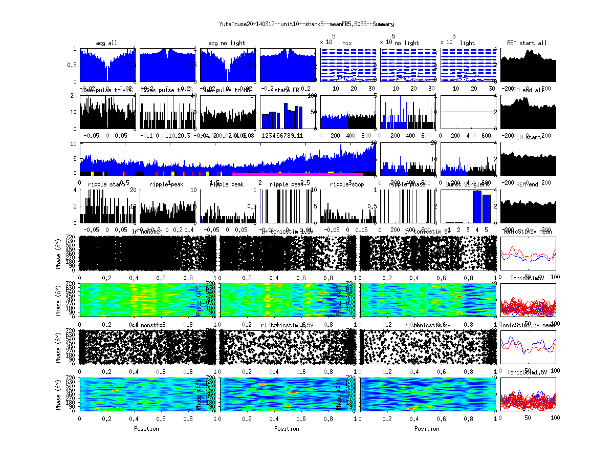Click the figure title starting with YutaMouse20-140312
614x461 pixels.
point(306,24)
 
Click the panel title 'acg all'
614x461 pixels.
point(106,43)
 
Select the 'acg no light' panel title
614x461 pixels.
point(227,43)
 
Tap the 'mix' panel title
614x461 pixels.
point(347,43)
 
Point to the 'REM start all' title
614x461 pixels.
point(527,43)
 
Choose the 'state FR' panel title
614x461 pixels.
point(288,90)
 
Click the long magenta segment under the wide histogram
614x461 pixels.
point(297,174)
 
